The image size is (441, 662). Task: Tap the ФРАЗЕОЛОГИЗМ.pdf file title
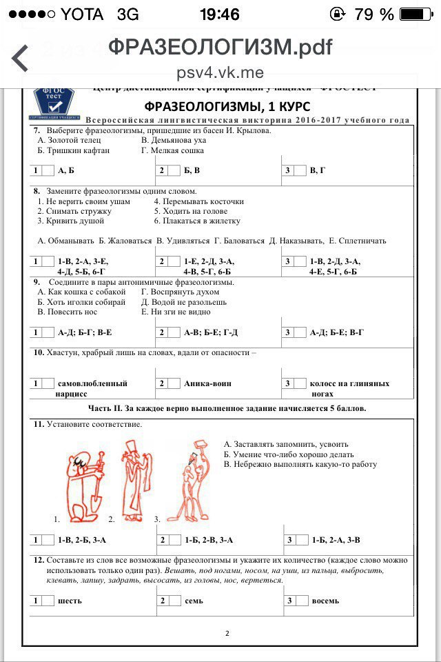(220, 47)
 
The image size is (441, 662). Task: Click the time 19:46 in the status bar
(220, 14)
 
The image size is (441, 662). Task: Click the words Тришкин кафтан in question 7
(74, 150)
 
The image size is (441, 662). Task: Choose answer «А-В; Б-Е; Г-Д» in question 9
(210, 332)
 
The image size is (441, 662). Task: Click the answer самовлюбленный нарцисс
(92, 388)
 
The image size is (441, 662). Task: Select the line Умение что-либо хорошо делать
(289, 454)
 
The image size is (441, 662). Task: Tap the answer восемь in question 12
(325, 601)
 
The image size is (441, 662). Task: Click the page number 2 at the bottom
(227, 633)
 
